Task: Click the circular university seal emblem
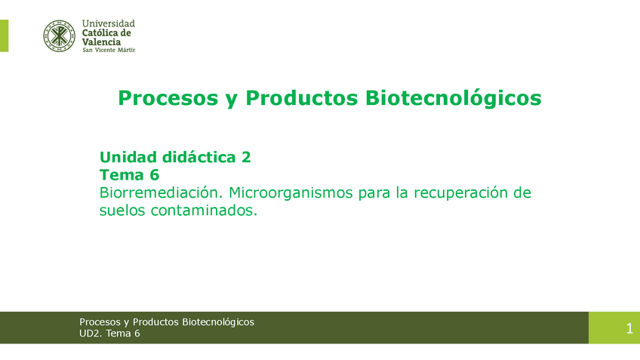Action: point(59,36)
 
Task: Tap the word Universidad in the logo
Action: point(108,23)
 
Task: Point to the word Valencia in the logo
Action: point(101,42)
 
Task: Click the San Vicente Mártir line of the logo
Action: point(109,50)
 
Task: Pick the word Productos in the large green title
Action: point(302,98)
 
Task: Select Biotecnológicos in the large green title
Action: point(454,98)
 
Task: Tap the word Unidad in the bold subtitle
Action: point(128,157)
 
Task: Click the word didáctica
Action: point(199,157)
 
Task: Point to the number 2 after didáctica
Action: point(246,158)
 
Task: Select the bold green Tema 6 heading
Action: point(129,175)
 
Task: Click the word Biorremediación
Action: point(161,192)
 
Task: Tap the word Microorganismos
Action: point(291,192)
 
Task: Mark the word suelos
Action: point(122,211)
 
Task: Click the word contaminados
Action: point(204,211)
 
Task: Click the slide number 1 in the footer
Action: point(629,328)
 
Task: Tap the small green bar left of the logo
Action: point(4,36)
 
